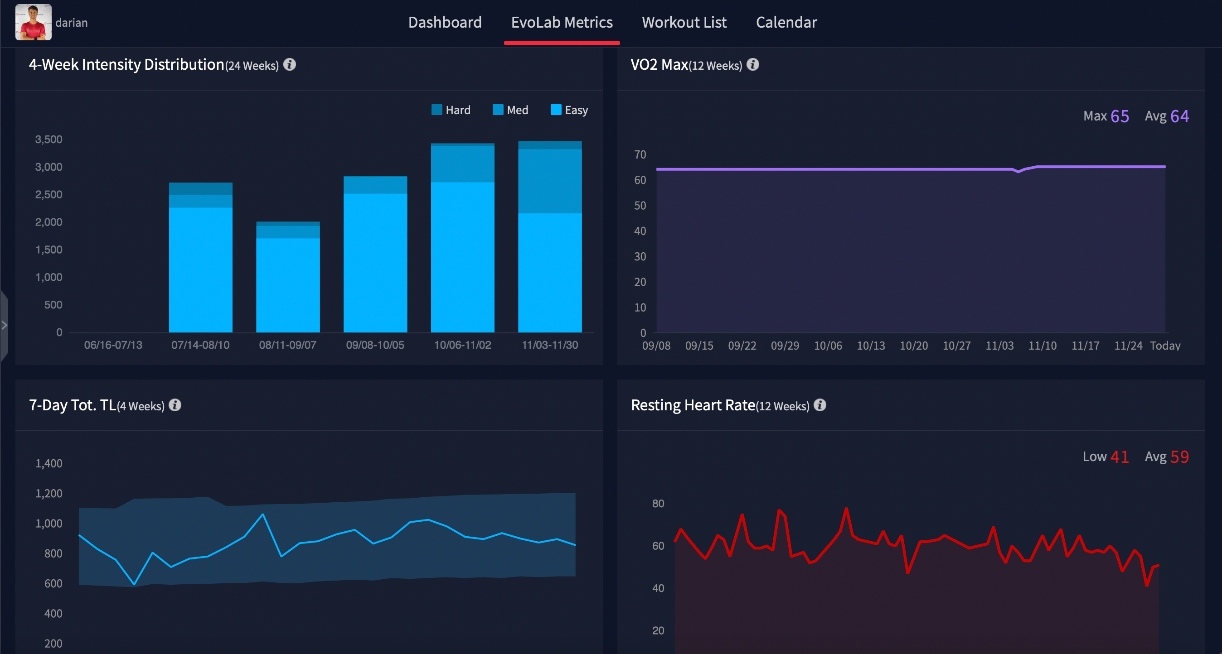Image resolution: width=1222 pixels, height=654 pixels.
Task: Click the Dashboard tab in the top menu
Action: (x=445, y=22)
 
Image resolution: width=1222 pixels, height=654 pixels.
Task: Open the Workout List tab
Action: (x=684, y=22)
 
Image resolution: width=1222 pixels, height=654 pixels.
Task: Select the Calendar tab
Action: (x=786, y=22)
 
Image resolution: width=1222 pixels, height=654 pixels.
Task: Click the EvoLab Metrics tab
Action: (x=562, y=22)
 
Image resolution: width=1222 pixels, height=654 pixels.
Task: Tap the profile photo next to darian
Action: (x=33, y=22)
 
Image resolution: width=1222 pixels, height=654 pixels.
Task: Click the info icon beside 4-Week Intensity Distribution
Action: (x=289, y=64)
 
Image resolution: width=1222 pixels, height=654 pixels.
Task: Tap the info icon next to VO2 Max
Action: (x=752, y=64)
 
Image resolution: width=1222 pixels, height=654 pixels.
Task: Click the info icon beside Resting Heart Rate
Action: (x=820, y=405)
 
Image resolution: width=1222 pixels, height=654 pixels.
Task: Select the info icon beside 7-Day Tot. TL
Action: (x=175, y=405)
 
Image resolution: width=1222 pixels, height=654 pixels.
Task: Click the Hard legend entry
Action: (x=451, y=110)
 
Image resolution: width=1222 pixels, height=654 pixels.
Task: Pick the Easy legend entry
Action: (x=569, y=110)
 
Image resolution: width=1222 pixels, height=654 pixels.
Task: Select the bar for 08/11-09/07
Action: (x=288, y=279)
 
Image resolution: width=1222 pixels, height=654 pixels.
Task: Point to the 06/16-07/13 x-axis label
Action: (x=113, y=345)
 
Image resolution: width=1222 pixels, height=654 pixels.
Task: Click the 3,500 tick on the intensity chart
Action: (x=48, y=139)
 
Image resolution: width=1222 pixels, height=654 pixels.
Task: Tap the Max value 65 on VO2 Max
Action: (x=1120, y=116)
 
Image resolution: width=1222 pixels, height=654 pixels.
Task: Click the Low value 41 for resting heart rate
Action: (x=1120, y=457)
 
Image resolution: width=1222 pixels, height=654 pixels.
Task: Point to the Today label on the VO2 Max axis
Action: (x=1165, y=346)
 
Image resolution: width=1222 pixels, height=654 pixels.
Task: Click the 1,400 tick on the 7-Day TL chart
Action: (x=48, y=463)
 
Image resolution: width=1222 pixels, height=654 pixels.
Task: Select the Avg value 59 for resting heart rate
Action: (x=1179, y=457)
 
